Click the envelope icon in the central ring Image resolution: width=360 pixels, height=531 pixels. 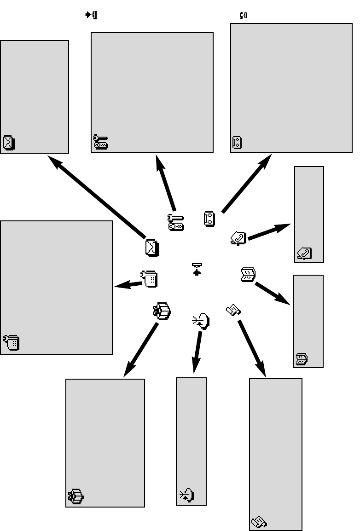[152, 248]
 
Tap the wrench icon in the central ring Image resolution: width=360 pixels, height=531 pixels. [175, 222]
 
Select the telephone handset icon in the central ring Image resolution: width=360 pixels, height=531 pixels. [239, 238]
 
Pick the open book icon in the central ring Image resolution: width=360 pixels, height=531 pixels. [248, 275]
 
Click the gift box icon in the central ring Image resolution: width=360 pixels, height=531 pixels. [162, 311]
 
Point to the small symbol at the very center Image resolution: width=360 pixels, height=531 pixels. [197, 269]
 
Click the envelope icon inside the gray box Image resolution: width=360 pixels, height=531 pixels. [9, 143]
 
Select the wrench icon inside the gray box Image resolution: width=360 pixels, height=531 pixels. [101, 142]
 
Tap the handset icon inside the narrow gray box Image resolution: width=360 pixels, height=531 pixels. [304, 253]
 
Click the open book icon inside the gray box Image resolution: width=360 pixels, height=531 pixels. [302, 359]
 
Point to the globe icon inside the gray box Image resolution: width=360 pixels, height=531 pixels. [186, 496]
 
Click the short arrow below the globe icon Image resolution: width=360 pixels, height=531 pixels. [197, 352]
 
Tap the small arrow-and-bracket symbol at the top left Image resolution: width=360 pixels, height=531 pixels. [91, 15]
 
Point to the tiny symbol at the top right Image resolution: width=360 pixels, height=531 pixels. [243, 15]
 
